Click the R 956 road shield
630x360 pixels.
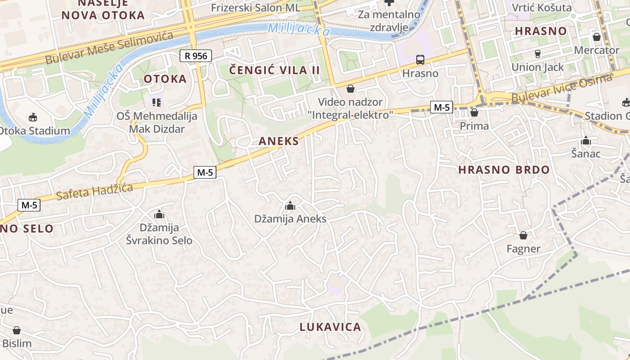tap(196, 56)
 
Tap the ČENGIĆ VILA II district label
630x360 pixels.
tap(274, 70)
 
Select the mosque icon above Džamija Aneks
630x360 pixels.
tap(290, 206)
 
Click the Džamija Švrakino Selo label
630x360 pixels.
tap(159, 234)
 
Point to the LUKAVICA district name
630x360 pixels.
tap(330, 327)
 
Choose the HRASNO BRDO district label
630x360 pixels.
tap(504, 170)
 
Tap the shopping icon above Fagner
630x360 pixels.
tap(523, 235)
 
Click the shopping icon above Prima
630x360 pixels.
tap(474, 112)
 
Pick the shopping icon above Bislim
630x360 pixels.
tap(17, 330)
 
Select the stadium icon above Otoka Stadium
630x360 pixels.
tap(32, 117)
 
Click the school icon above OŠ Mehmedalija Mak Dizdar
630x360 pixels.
tap(157, 103)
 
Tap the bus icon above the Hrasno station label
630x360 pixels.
tap(420, 59)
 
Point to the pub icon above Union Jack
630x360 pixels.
tap(537, 54)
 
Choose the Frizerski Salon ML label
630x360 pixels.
tap(256, 8)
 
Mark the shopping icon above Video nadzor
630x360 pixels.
tap(350, 89)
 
